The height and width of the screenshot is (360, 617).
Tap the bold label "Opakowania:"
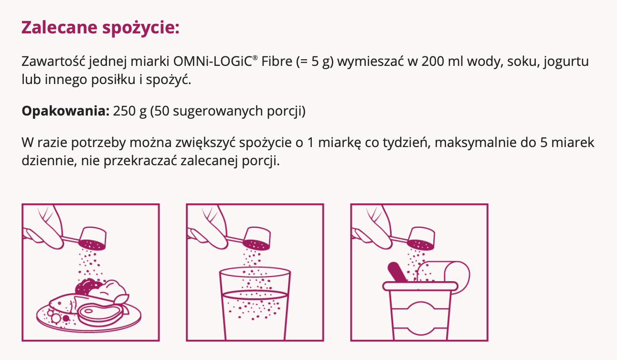tap(65, 111)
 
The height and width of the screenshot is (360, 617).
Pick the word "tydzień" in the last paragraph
tap(405, 143)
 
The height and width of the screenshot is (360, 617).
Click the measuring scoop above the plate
tap(93, 238)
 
